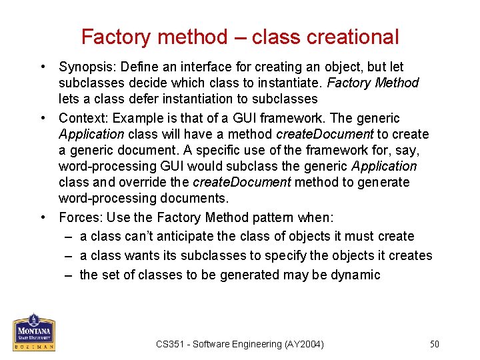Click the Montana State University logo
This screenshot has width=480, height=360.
34,332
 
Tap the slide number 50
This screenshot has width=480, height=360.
434,344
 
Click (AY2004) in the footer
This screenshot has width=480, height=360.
303,344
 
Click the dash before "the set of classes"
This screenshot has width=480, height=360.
69,275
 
